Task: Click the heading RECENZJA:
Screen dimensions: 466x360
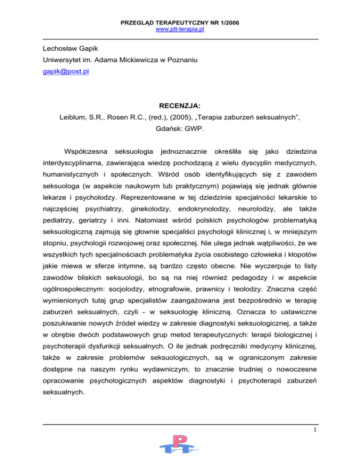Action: (x=180, y=107)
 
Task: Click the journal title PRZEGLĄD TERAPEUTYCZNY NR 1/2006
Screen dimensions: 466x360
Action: (x=180, y=22)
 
